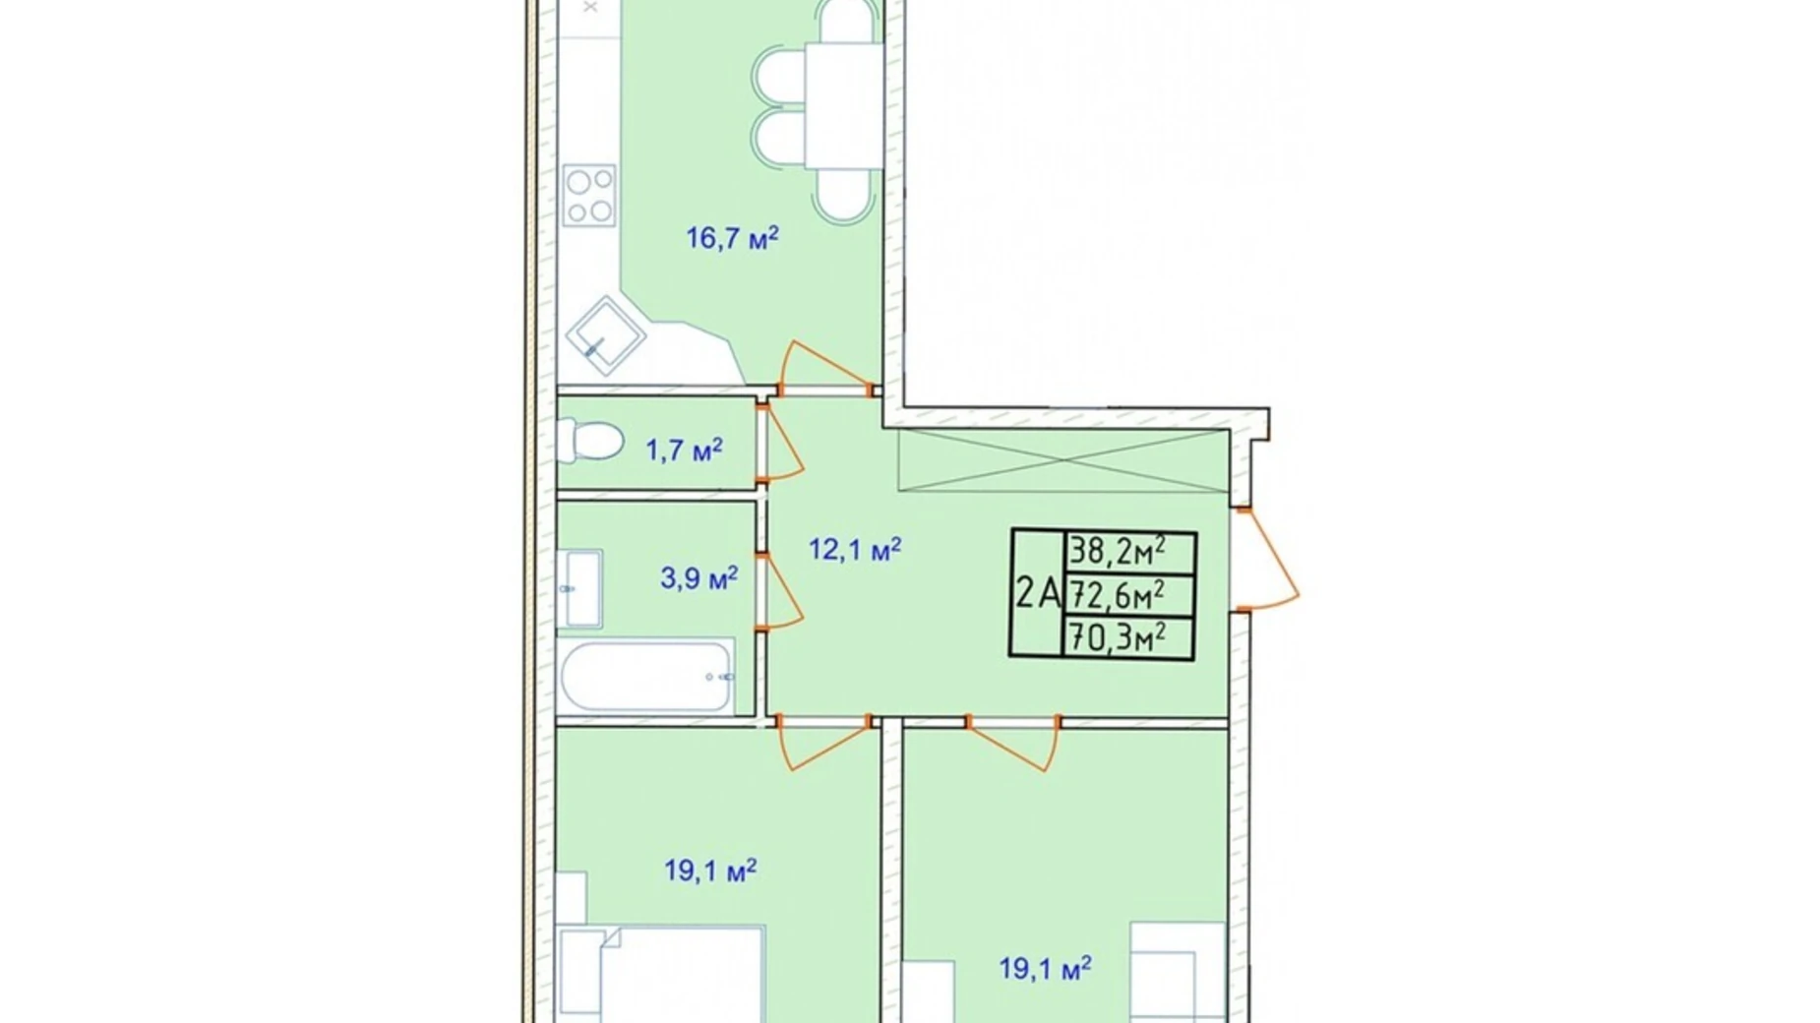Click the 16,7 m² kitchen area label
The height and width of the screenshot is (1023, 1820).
click(732, 238)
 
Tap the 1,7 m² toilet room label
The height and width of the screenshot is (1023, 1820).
click(684, 451)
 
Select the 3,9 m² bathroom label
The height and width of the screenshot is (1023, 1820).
click(698, 577)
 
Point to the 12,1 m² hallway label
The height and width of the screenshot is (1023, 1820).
click(854, 549)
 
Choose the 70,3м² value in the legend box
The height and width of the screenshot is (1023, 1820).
click(1118, 638)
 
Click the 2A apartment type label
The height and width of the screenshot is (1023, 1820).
click(1037, 594)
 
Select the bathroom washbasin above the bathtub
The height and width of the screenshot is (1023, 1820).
click(579, 588)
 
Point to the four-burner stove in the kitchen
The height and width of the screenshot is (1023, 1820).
click(589, 196)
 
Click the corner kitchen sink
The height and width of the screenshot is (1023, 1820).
click(604, 335)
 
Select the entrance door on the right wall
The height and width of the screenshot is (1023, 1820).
click(1269, 559)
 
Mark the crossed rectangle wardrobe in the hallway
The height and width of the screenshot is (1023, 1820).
click(1063, 460)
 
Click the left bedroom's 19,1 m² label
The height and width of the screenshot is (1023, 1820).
click(709, 871)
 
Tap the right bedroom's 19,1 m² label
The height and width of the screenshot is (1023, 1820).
click(1045, 969)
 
